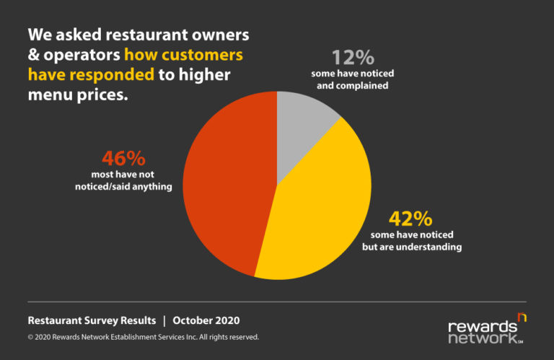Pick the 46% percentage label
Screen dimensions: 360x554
pyautogui.click(x=123, y=158)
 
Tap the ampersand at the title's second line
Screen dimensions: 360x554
pyautogui.click(x=34, y=55)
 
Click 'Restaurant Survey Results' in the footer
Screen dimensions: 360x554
pyautogui.click(x=91, y=320)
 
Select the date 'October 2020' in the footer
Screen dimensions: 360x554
pyautogui.click(x=206, y=320)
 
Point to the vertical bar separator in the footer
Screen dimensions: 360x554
pyautogui.click(x=164, y=320)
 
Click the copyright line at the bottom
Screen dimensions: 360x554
pyautogui.click(x=143, y=337)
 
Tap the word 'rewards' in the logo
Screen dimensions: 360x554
pyautogui.click(x=483, y=326)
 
